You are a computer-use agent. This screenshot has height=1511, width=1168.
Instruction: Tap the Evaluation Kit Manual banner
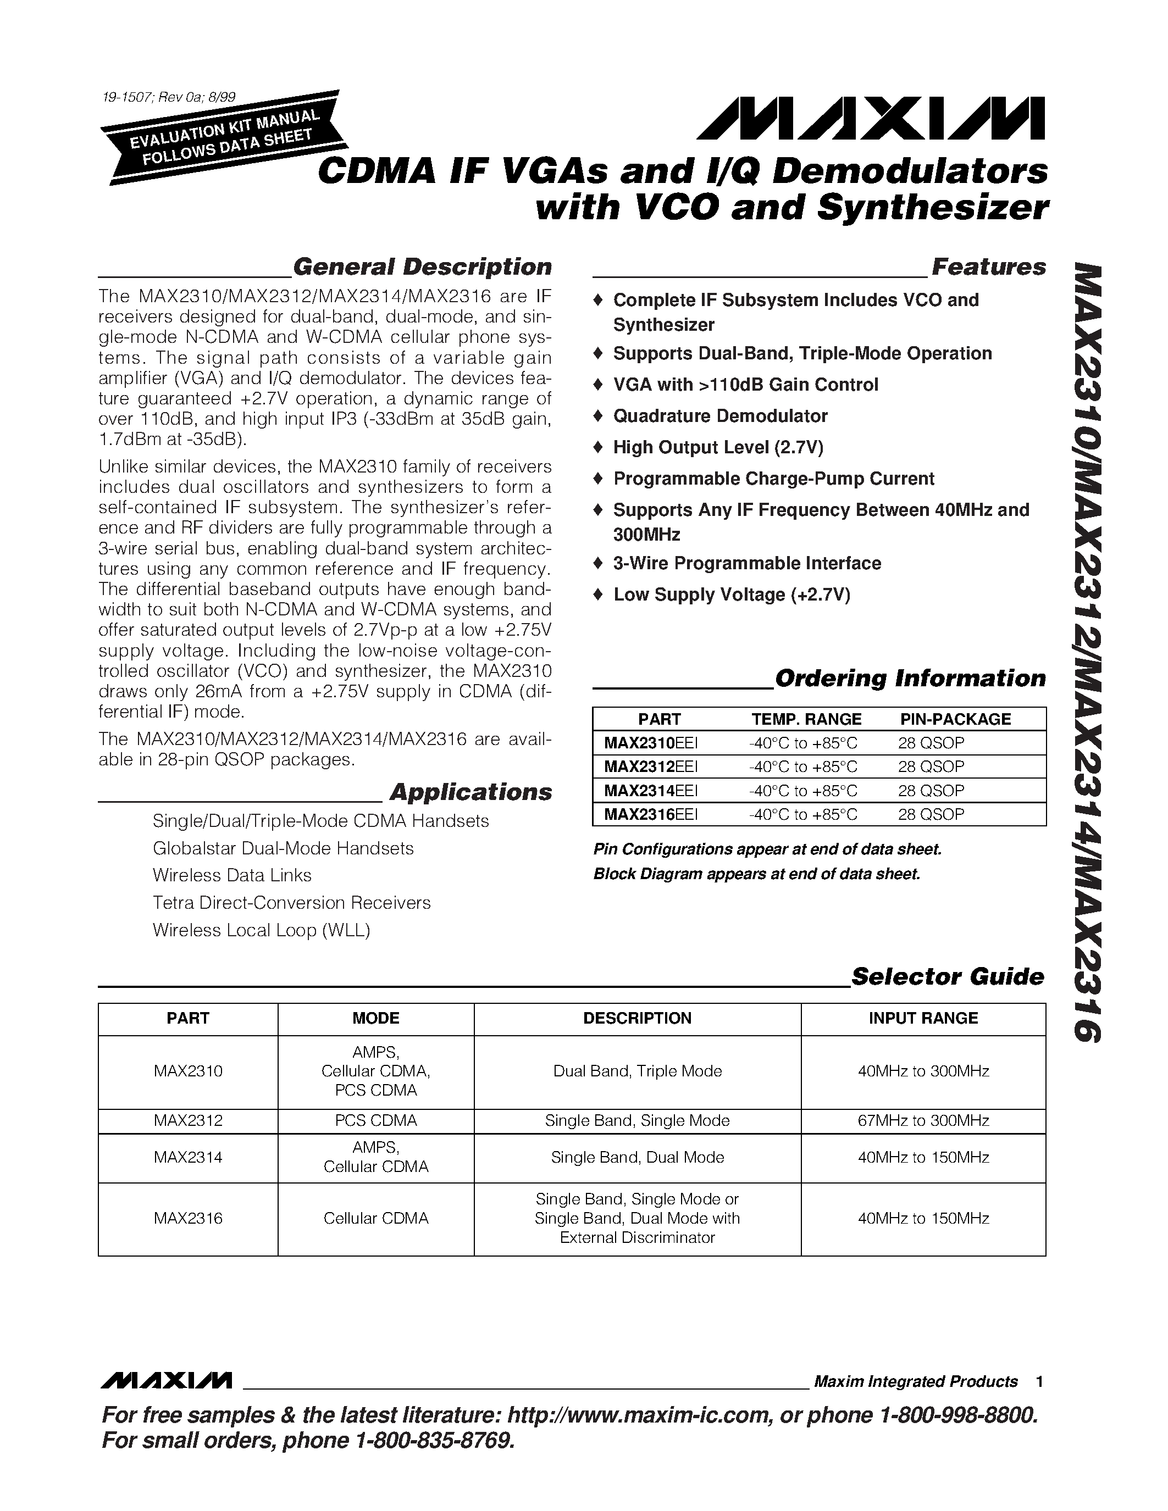tap(224, 138)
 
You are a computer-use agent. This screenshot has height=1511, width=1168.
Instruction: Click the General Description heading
tap(422, 267)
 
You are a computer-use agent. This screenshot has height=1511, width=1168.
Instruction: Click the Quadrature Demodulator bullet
tap(719, 416)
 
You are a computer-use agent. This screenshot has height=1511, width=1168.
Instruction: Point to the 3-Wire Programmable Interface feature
tap(746, 563)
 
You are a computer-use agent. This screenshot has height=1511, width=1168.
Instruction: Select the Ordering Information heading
tap(910, 678)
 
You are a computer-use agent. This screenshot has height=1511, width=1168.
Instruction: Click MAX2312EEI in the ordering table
tap(650, 766)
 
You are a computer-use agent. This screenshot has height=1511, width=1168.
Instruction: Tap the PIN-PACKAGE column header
tap(955, 719)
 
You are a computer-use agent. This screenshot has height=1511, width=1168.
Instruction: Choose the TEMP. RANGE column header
tap(806, 719)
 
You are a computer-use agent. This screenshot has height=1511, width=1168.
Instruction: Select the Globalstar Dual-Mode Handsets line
tap(283, 848)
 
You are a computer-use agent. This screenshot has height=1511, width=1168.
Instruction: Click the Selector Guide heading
tap(946, 977)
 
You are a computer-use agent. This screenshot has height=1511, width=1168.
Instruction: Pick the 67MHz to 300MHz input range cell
tap(923, 1121)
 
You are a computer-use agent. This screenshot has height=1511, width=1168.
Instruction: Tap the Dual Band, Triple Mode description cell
tap(637, 1071)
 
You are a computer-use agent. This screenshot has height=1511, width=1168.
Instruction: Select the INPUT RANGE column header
tap(923, 1018)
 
